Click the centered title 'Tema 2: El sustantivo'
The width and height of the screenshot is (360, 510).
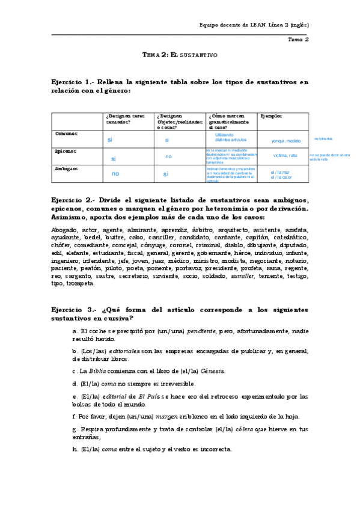pos(179,55)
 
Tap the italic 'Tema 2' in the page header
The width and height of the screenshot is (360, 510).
pos(298,40)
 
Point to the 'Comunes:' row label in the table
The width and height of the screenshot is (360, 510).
pos(66,134)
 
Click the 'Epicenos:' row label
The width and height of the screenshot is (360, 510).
pos(66,152)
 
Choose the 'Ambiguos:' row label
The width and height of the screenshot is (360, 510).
pos(67,169)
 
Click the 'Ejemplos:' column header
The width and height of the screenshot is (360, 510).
pos(271,115)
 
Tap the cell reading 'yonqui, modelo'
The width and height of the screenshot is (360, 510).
pos(285,141)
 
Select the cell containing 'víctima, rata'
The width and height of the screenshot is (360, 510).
pos(285,156)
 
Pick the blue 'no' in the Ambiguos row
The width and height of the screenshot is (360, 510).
pos(115,174)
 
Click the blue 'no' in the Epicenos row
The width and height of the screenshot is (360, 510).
pos(169,156)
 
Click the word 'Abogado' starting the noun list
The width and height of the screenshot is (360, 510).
pos(64,230)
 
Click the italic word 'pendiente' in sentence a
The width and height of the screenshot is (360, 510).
pos(202,331)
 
